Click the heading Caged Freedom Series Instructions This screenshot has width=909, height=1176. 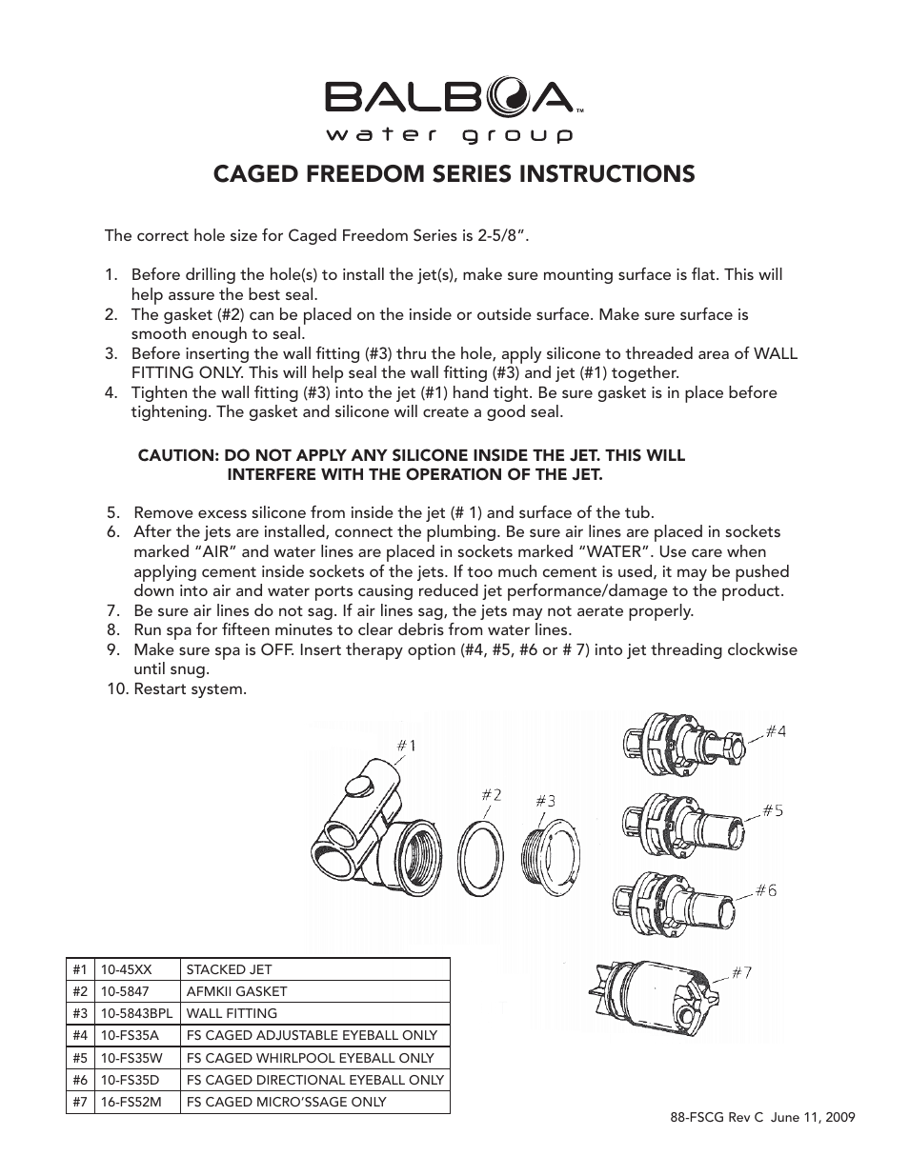[x=454, y=173]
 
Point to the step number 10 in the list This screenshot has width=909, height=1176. [x=115, y=688]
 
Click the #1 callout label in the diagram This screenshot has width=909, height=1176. [x=405, y=746]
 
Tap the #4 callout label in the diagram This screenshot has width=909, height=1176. [x=776, y=731]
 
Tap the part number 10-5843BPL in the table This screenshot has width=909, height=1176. [x=137, y=1013]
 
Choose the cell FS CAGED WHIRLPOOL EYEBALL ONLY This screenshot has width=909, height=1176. [x=310, y=1058]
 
